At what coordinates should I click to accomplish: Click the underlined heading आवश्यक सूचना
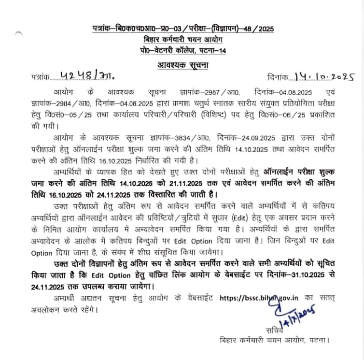[x=182, y=65]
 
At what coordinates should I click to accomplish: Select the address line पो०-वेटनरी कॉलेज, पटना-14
[x=182, y=51]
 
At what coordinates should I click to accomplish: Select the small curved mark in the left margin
[x=18, y=34]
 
